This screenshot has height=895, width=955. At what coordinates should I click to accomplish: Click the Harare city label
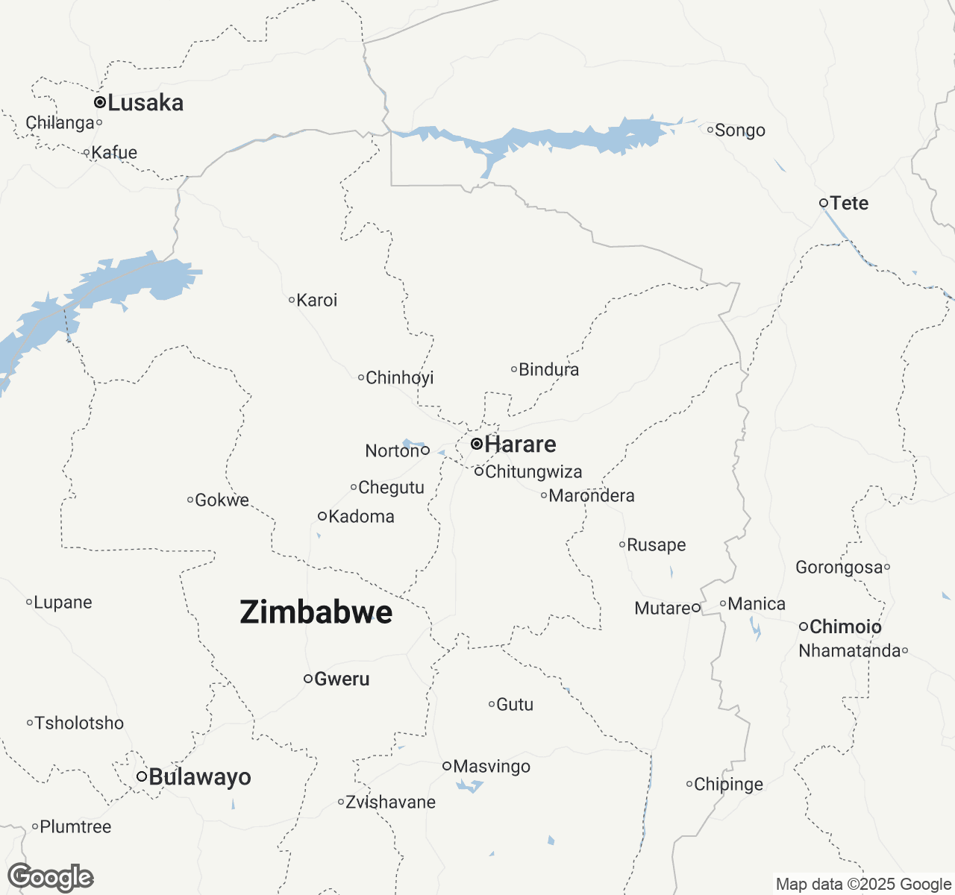pos(520,445)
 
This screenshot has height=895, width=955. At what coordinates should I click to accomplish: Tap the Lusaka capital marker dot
pos(99,102)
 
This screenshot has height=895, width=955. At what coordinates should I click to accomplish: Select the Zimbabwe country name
pos(316,612)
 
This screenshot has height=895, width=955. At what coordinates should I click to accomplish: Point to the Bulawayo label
pos(200,777)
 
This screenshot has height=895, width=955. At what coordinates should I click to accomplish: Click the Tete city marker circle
pos(824,203)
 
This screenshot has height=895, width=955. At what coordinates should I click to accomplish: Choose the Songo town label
pos(739,131)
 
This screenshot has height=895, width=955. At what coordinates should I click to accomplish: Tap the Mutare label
pos(663,609)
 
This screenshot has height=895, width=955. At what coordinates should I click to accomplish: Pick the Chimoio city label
pos(845,626)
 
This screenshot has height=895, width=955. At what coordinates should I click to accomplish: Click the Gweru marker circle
pos(307,679)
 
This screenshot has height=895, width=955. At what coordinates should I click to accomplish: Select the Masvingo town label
pos(492,767)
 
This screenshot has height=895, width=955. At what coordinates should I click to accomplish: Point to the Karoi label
pos(316,301)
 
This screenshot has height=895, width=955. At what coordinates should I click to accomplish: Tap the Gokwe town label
pos(222,500)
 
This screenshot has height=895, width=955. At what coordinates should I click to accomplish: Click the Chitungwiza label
pos(533,472)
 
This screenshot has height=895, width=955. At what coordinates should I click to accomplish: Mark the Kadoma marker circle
pos(322,516)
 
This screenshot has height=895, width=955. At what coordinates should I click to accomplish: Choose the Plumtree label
pos(75,827)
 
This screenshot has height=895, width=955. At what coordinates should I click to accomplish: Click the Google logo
pos(51,878)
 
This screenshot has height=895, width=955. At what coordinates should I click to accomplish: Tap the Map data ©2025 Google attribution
pos(863,885)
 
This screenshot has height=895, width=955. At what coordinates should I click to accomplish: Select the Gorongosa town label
pos(839,568)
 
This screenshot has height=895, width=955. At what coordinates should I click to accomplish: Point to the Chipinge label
pos(728,785)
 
